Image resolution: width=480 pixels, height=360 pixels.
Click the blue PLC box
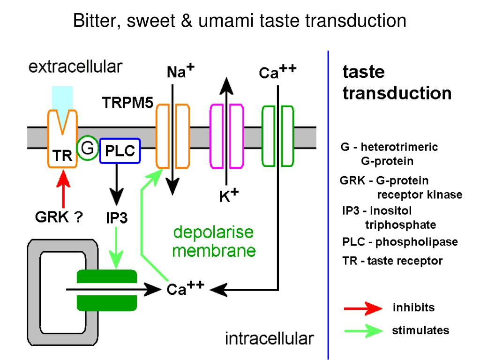click(x=120, y=150)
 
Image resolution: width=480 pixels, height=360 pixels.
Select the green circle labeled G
click(x=88, y=149)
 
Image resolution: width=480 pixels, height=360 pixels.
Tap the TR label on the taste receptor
click(x=62, y=156)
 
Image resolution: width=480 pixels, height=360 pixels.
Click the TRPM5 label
click(x=127, y=103)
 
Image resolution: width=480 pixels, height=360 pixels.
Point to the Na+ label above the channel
click(x=180, y=71)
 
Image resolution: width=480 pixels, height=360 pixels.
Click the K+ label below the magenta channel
click(x=229, y=195)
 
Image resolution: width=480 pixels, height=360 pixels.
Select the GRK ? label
click(x=59, y=217)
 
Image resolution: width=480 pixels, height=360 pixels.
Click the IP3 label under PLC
click(x=117, y=218)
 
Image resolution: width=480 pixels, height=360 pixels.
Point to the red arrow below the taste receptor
click(x=63, y=189)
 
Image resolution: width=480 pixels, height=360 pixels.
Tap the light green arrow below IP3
click(x=116, y=248)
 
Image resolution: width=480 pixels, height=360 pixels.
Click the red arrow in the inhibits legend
click(x=363, y=308)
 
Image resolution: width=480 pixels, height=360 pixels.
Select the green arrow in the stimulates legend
click(x=363, y=331)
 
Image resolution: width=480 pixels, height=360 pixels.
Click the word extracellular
click(x=75, y=67)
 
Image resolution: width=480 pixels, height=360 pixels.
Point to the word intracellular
click(x=270, y=338)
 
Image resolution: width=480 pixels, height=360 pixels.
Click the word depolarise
click(x=213, y=232)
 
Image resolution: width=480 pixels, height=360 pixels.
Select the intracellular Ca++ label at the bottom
click(x=185, y=288)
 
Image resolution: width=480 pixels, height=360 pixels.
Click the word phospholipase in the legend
click(x=417, y=242)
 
